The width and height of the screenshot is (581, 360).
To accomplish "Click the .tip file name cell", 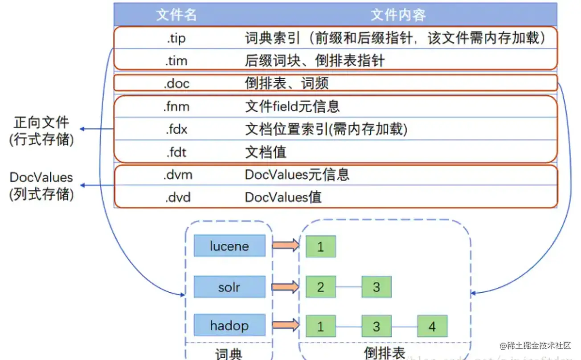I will (176, 38).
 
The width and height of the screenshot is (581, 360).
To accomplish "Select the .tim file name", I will (176, 60).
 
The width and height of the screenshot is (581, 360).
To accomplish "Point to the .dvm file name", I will (177, 175).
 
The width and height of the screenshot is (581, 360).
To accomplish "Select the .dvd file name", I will (176, 196).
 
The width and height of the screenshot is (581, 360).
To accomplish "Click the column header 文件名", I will (176, 15).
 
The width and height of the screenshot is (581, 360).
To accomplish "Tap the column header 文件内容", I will (398, 15).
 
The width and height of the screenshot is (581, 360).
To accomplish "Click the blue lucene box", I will (229, 246).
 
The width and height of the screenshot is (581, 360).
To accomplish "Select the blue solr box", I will (229, 286).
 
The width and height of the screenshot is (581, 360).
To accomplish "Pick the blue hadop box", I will (229, 326).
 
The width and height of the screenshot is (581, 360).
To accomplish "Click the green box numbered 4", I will (432, 326).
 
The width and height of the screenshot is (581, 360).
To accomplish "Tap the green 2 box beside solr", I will (320, 287).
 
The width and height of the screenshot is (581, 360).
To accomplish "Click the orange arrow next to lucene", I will (286, 245).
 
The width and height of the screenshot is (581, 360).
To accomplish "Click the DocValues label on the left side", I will (41, 177).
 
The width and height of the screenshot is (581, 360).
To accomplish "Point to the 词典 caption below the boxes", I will (229, 354).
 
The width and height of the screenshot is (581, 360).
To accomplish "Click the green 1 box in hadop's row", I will (320, 326).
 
